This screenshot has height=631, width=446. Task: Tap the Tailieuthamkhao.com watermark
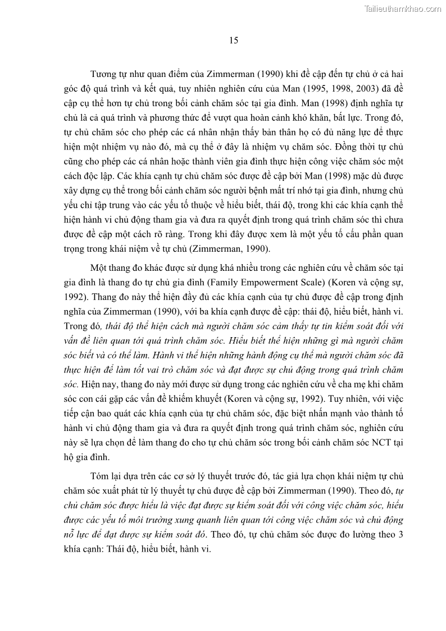pos(403,8)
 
